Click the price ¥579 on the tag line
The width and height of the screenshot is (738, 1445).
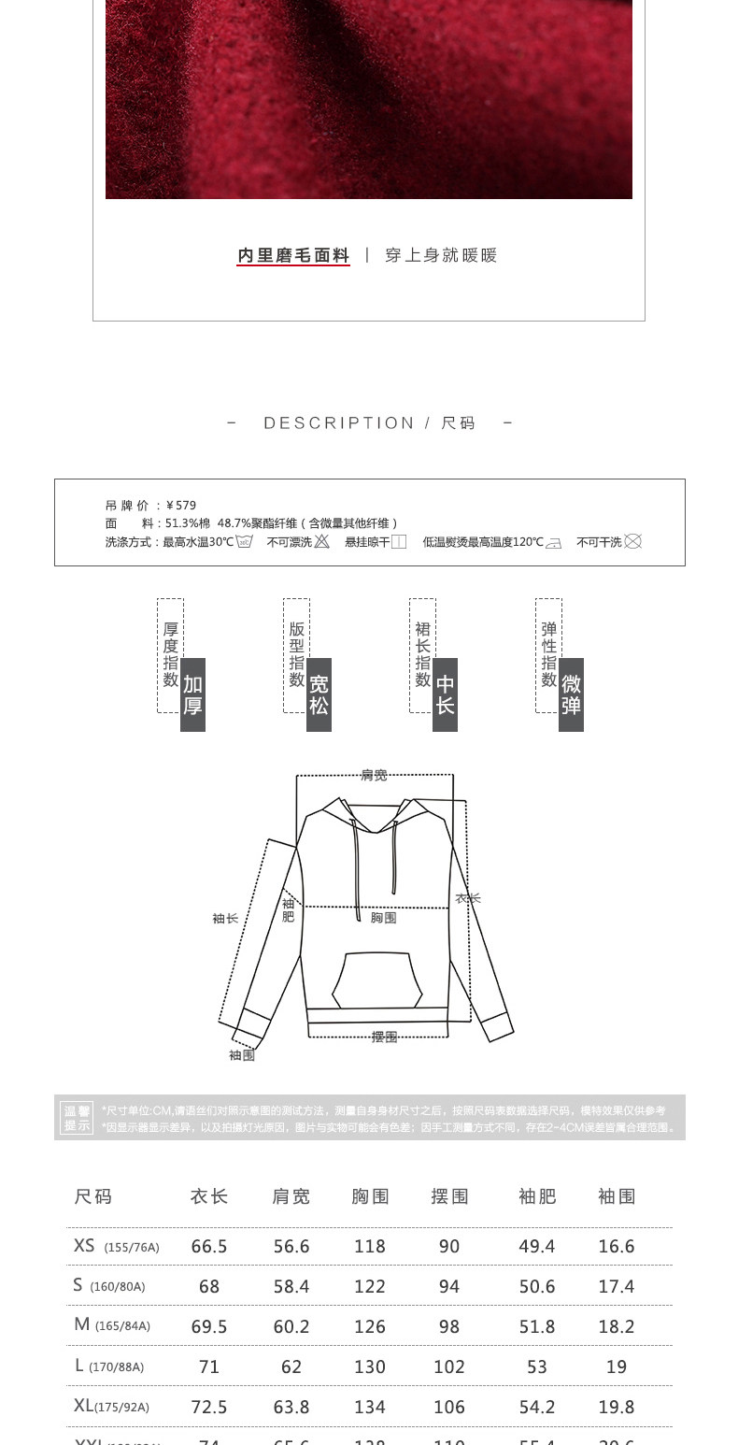pyautogui.click(x=181, y=506)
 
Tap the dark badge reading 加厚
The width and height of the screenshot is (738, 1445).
pyautogui.click(x=192, y=694)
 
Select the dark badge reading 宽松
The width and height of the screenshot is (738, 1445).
pyautogui.click(x=319, y=694)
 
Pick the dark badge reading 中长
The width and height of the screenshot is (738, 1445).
pyautogui.click(x=445, y=694)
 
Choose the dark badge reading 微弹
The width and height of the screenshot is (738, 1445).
pyautogui.click(x=571, y=694)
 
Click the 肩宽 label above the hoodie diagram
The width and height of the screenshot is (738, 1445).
pyautogui.click(x=374, y=775)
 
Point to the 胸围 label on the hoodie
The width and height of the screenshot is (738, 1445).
pyautogui.click(x=383, y=918)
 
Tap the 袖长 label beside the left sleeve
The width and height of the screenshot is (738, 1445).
pyautogui.click(x=225, y=919)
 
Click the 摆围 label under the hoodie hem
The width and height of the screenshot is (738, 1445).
pyautogui.click(x=384, y=1037)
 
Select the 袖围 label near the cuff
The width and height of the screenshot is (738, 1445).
pyautogui.click(x=242, y=1055)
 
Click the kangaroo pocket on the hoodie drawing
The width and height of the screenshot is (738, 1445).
pyautogui.click(x=377, y=980)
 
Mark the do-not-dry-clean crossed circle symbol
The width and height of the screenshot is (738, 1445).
pyautogui.click(x=632, y=541)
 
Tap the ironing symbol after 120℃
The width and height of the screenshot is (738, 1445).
pyautogui.click(x=554, y=542)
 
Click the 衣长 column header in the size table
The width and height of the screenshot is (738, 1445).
pyautogui.click(x=209, y=1196)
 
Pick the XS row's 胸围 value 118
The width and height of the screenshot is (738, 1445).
pyautogui.click(x=370, y=1246)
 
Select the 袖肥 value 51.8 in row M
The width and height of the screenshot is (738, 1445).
pyautogui.click(x=537, y=1326)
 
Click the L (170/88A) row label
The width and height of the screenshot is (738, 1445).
pyautogui.click(x=109, y=1366)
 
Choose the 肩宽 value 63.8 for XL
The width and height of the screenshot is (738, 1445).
pyautogui.click(x=291, y=1407)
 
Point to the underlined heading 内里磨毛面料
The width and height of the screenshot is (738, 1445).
pyautogui.click(x=293, y=255)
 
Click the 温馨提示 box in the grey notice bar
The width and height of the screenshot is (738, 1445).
pyautogui.click(x=78, y=1118)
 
